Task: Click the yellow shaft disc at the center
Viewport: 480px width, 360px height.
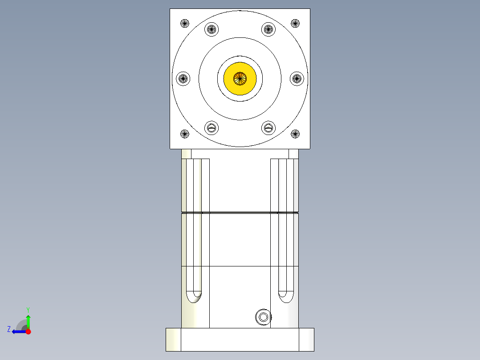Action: point(240,78)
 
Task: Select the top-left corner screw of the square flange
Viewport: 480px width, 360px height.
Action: point(185,23)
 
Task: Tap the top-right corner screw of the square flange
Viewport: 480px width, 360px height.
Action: point(295,23)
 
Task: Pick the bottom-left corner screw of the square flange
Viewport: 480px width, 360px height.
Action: point(185,133)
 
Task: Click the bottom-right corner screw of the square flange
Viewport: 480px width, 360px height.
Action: point(295,133)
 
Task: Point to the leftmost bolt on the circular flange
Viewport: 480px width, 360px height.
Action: point(183,79)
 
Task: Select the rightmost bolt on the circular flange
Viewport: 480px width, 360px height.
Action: point(297,79)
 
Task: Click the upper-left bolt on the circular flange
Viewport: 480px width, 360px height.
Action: point(212,30)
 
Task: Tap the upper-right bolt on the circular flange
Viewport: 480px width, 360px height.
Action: point(268,30)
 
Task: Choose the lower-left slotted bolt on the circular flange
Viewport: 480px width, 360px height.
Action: point(212,128)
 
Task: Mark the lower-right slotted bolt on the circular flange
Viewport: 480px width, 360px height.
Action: point(268,128)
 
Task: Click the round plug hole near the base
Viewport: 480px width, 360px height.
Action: point(263,317)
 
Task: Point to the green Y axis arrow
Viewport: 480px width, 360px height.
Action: point(28,320)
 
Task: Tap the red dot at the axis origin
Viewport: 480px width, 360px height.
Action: point(28,331)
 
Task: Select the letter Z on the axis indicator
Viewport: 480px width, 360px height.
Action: point(9,329)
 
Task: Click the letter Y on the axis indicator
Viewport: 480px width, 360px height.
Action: point(28,309)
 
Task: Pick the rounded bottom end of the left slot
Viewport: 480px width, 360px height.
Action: point(194,296)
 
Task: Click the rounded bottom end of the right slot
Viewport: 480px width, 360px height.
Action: point(285,296)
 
